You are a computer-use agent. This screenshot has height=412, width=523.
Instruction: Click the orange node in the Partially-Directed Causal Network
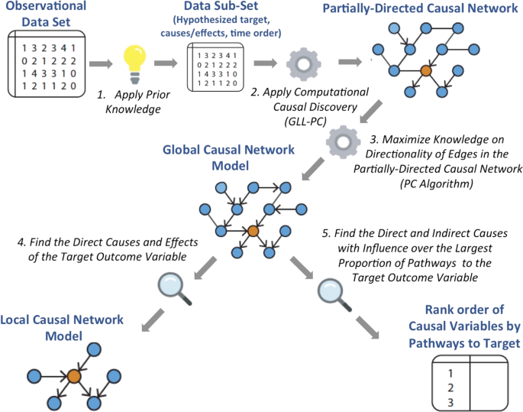click(425, 70)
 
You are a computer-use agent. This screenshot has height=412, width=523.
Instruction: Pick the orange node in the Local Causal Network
click(73, 376)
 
